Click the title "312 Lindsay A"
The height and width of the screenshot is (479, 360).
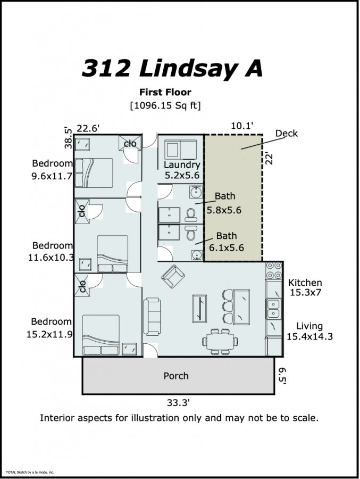pos(172,69)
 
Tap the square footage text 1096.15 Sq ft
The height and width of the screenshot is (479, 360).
pos(165,105)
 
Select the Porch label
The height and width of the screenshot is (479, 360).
pos(176,376)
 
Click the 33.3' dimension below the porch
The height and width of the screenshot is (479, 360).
pos(178,403)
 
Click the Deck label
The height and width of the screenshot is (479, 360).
pos(287,134)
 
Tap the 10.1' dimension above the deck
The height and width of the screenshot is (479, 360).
pos(242,126)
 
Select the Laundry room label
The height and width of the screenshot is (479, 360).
pos(182,164)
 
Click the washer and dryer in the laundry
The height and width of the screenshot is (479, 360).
pos(180,150)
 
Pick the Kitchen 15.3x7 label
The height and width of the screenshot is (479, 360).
pos(305,287)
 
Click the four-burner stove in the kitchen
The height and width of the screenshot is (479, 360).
pos(274,271)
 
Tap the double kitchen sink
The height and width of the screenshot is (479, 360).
pos(273,309)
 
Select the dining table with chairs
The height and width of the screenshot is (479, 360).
pos(220,341)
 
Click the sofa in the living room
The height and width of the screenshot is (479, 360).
pos(152,316)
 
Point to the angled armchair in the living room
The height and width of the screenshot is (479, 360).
pos(173,276)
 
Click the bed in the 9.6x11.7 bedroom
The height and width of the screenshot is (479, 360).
pos(94,172)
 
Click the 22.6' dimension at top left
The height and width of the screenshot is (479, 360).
pos(88,129)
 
